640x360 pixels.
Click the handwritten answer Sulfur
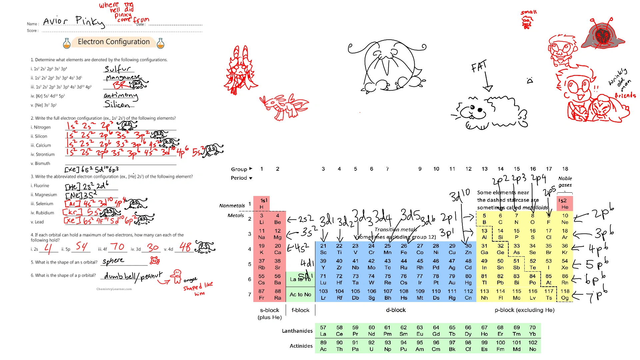(117, 69)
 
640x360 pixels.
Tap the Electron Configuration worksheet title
(114, 42)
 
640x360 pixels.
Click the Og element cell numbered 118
(565, 294)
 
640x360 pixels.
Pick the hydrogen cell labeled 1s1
(262, 203)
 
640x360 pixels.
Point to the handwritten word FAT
(479, 67)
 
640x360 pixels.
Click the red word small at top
(529, 12)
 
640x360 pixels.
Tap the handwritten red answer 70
(117, 247)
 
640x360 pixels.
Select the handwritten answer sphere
(113, 261)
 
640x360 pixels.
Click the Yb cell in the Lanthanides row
(532, 331)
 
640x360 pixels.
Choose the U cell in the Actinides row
(371, 346)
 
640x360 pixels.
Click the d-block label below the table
(396, 310)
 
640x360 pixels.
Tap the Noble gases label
(565, 182)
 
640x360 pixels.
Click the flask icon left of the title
(67, 43)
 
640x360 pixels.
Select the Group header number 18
(565, 169)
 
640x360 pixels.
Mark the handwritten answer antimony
(120, 96)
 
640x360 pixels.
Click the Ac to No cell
(300, 294)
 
